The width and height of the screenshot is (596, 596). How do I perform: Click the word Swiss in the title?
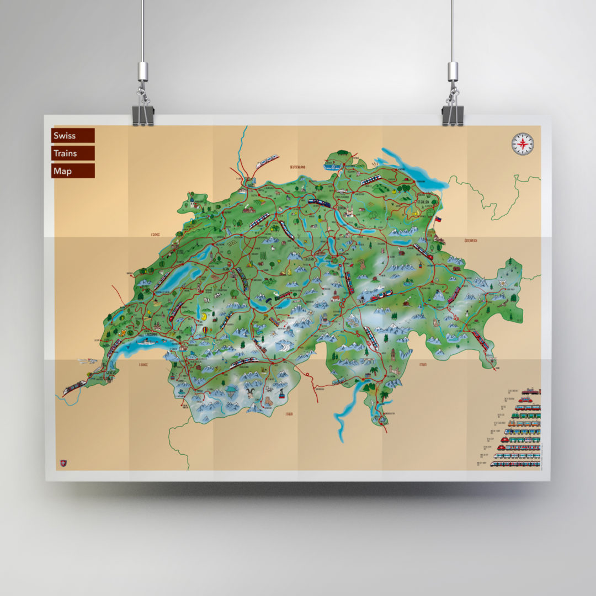coord(65,136)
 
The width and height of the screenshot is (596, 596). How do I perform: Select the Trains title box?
coord(72,153)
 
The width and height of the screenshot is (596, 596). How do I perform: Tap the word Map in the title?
coord(63,171)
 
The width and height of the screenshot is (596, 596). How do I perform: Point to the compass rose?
coord(523,144)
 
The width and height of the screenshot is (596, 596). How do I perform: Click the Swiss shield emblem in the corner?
coord(62,464)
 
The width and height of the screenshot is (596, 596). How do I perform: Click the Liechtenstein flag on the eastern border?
coord(439,219)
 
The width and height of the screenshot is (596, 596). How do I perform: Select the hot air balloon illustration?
coord(206,331)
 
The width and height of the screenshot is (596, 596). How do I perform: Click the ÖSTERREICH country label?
coord(471,241)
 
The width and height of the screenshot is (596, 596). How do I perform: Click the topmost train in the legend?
coord(531,391)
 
